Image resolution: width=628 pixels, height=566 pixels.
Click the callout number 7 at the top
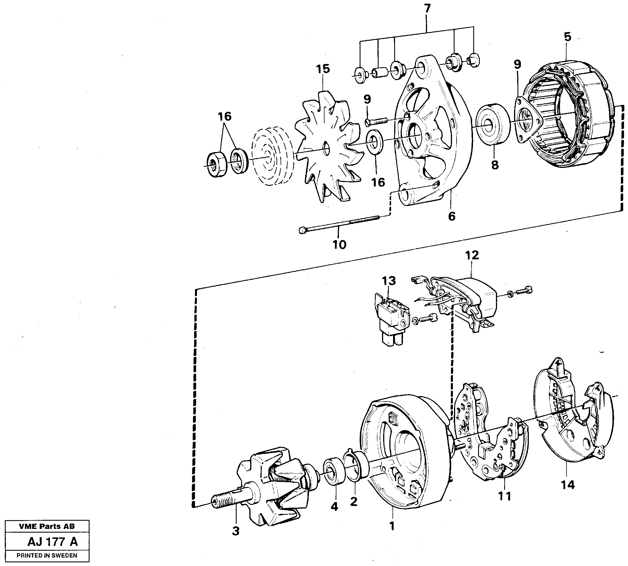coord(427,9)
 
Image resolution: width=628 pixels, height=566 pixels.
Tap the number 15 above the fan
coord(323,69)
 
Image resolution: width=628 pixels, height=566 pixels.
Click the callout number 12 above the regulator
coord(472,255)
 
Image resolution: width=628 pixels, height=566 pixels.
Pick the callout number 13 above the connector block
coord(389,281)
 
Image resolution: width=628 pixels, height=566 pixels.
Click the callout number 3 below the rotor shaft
coord(236,531)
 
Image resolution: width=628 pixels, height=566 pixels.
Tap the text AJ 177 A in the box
coord(52,542)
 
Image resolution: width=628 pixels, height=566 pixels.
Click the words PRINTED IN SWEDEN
coord(47,556)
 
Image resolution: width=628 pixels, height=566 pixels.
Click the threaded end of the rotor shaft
coord(222,501)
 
